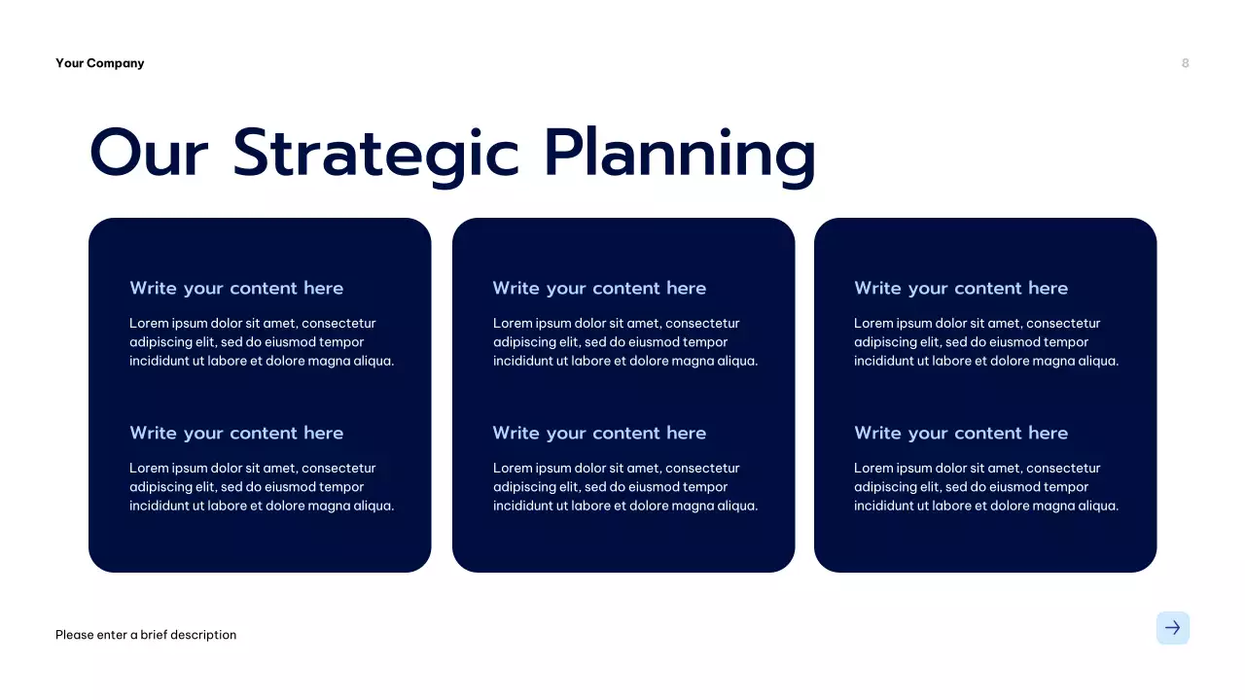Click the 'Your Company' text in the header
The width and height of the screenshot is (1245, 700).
click(x=99, y=63)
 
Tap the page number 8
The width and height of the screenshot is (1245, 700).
click(x=1185, y=63)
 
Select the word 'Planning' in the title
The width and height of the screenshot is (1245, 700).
click(x=679, y=154)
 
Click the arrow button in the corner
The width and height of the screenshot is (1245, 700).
click(x=1172, y=628)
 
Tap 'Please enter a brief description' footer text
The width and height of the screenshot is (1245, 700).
click(x=146, y=635)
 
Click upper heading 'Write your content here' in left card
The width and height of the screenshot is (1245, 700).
click(x=236, y=289)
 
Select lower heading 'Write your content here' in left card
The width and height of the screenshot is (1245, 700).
click(x=236, y=434)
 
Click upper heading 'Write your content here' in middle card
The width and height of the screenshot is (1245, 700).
click(x=599, y=289)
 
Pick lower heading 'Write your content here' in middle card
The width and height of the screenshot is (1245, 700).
click(x=599, y=434)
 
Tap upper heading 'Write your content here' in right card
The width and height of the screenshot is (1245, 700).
click(x=961, y=289)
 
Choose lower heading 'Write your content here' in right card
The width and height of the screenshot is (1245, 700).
click(x=961, y=434)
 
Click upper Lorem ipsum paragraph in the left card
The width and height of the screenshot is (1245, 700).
click(x=262, y=342)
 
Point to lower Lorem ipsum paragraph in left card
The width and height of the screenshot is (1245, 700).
click(x=262, y=487)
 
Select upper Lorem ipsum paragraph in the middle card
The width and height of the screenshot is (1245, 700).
click(x=624, y=342)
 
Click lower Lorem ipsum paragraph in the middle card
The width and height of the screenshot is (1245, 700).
click(x=624, y=487)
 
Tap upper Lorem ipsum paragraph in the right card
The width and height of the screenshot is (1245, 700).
click(x=986, y=342)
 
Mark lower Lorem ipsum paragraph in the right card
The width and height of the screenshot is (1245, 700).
click(x=986, y=487)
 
